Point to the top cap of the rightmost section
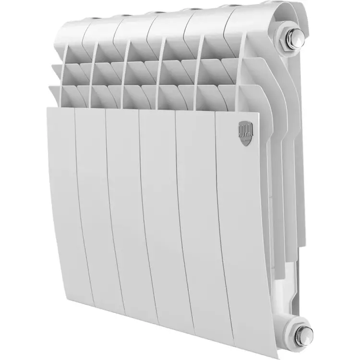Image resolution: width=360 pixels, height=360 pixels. [250, 14]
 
